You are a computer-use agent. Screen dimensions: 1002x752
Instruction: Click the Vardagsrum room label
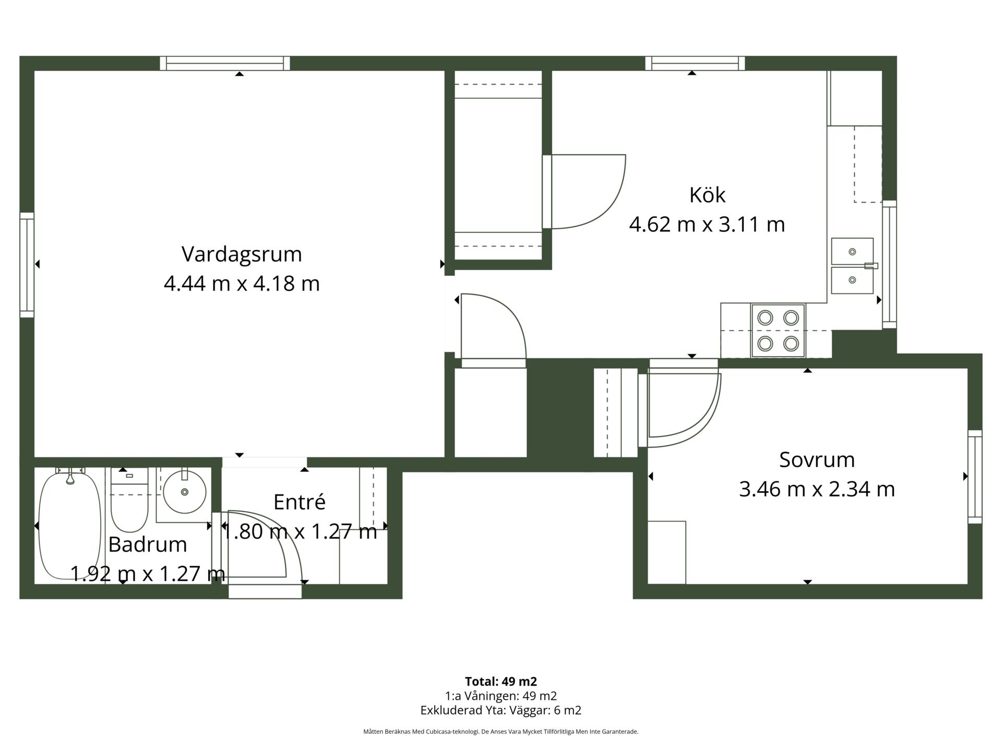[x=242, y=254]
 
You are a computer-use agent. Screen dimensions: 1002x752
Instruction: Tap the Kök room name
[x=707, y=195]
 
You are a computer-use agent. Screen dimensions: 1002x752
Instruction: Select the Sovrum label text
[x=817, y=460]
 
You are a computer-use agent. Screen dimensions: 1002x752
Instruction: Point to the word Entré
[x=300, y=502]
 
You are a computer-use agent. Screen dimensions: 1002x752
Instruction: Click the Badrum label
[x=148, y=544]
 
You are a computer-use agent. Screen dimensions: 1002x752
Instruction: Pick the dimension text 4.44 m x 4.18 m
[x=242, y=284]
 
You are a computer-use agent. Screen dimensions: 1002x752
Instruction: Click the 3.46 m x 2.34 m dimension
[x=817, y=489]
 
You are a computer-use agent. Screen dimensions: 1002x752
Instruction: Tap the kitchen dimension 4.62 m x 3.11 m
[x=707, y=225]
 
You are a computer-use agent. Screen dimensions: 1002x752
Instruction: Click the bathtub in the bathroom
[x=70, y=524]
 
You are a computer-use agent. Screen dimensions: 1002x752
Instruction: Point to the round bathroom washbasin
[x=184, y=491]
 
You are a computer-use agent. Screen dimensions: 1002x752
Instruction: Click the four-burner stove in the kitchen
[x=778, y=331]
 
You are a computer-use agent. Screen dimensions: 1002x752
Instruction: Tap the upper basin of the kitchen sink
[x=852, y=252]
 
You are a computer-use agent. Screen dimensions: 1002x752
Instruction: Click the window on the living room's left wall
[x=27, y=265]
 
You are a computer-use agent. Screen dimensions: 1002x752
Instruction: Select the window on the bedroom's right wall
[x=975, y=477]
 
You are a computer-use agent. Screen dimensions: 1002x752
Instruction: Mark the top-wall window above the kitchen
[x=695, y=63]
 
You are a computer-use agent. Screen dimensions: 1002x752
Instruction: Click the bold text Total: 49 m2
[x=501, y=681]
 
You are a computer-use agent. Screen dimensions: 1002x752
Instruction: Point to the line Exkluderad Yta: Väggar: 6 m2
[x=501, y=710]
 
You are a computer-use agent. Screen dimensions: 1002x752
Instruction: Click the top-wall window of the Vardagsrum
[x=225, y=63]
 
